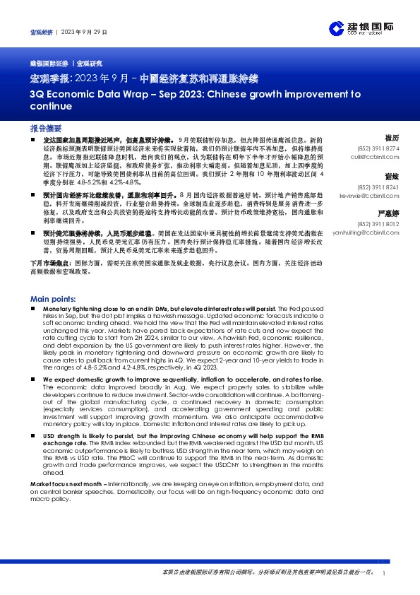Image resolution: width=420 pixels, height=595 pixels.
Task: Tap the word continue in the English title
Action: (51, 107)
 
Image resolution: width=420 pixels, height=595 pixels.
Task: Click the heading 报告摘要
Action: (46, 129)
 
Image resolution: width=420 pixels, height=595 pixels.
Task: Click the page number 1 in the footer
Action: (383, 573)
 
